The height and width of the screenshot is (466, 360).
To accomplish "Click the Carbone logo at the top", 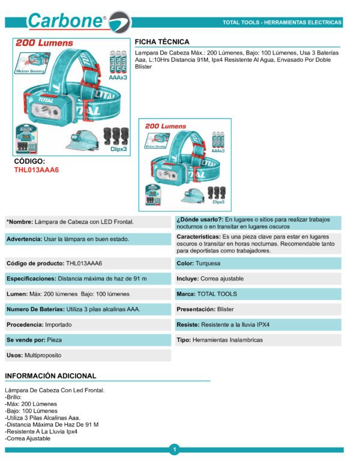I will (x=78, y=21).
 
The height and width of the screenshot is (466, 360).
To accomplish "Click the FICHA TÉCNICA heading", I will (x=162, y=42).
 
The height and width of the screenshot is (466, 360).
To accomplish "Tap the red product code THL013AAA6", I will (x=37, y=170).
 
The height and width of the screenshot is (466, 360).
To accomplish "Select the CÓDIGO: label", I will (x=29, y=162).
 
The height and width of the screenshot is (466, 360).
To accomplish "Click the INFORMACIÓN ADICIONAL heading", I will (x=50, y=376).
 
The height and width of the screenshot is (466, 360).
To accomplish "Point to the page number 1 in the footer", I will (x=174, y=450).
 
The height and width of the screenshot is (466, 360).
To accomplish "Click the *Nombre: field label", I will (x=19, y=222).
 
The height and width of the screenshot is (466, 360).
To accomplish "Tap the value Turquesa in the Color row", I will (x=208, y=264).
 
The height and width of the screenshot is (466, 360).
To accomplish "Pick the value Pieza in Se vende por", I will (x=55, y=340).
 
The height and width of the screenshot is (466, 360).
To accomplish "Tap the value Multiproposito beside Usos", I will (x=43, y=356).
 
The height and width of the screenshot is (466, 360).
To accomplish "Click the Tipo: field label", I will (x=183, y=340).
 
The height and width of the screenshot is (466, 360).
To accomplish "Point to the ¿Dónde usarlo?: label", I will (x=200, y=220).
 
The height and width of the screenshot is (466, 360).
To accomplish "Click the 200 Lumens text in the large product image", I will (x=44, y=43).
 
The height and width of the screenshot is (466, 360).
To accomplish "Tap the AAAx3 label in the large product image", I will (x=117, y=78).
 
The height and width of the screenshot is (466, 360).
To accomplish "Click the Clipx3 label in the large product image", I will (x=119, y=148).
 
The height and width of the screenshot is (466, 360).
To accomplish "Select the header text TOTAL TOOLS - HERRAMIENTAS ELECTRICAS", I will (x=282, y=23).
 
